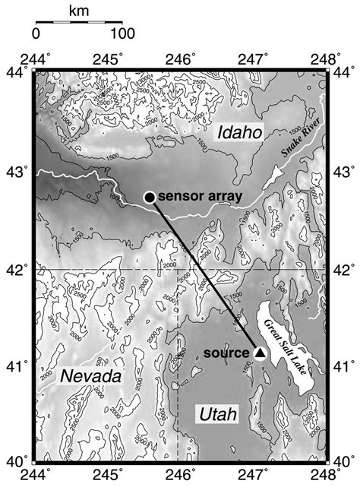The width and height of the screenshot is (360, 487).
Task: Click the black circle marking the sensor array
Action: (x=150, y=197)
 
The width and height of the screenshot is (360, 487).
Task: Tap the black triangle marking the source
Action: (x=259, y=353)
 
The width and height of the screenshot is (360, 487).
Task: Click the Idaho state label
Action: (x=238, y=133)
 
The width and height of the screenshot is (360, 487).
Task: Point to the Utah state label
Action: (x=217, y=413)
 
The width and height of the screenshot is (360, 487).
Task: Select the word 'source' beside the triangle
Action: (x=227, y=353)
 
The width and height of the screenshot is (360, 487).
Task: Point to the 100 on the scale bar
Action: (x=122, y=34)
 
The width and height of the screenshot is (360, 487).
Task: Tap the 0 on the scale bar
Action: (x=36, y=34)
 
